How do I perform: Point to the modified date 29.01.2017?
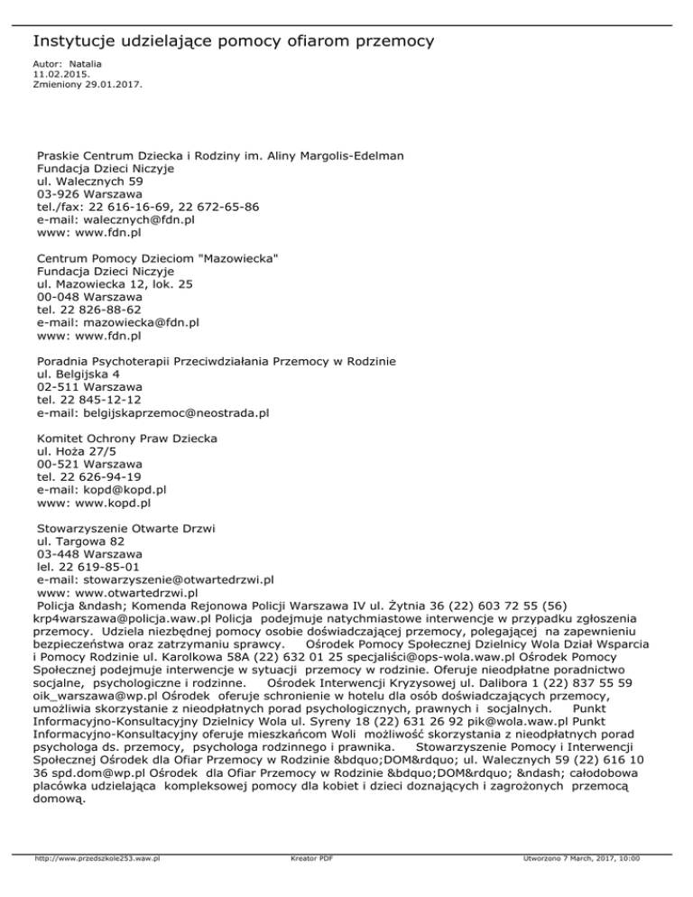115,85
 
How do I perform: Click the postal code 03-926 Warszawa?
88,193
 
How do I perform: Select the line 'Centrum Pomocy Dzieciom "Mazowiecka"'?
157,258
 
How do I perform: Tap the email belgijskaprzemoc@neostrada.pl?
177,412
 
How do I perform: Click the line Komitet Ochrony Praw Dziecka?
127,438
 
